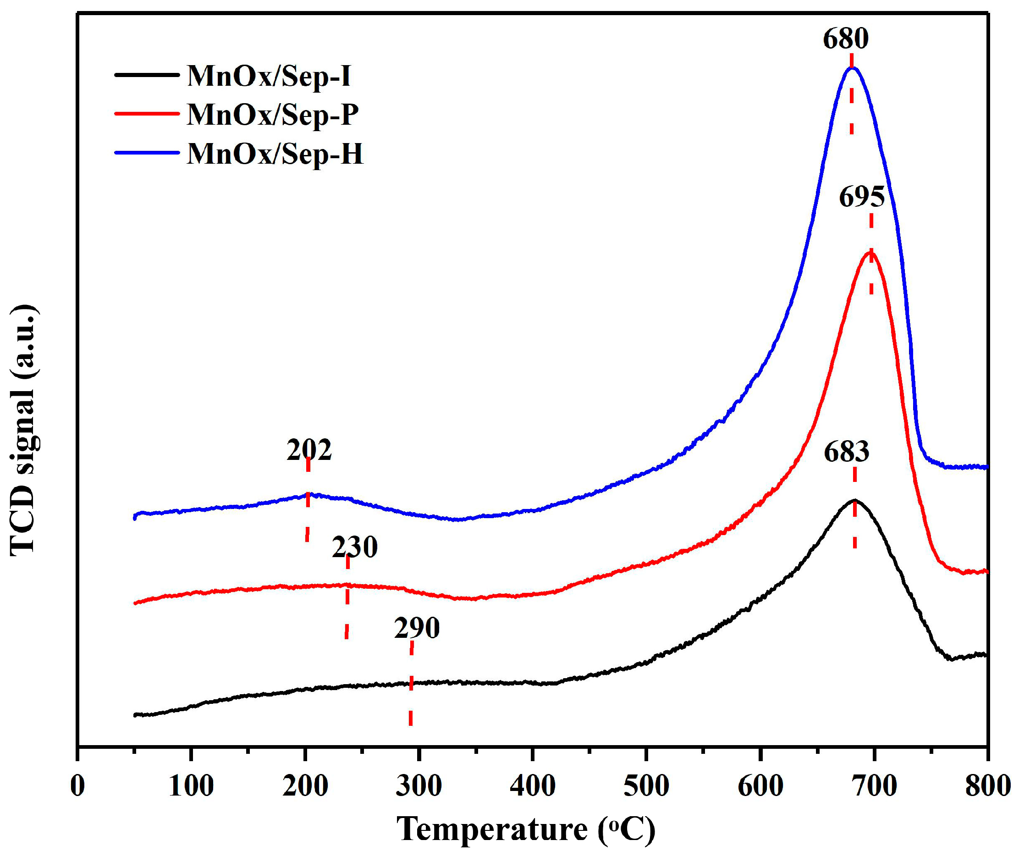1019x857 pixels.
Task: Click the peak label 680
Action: pos(846,39)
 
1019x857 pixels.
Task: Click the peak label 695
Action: pos(862,197)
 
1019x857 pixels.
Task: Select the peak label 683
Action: pos(847,452)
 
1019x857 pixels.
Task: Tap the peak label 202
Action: pos(309,450)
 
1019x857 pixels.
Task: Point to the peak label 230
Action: pos(354,547)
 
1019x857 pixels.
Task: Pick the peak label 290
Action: pos(417,628)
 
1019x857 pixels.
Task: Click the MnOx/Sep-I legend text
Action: pos(269,76)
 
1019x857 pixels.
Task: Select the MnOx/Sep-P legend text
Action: pos(272,115)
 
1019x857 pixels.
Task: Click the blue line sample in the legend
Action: pos(147,153)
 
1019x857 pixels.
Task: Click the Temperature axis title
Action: pos(527,830)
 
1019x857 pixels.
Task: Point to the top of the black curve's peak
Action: pos(854,500)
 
